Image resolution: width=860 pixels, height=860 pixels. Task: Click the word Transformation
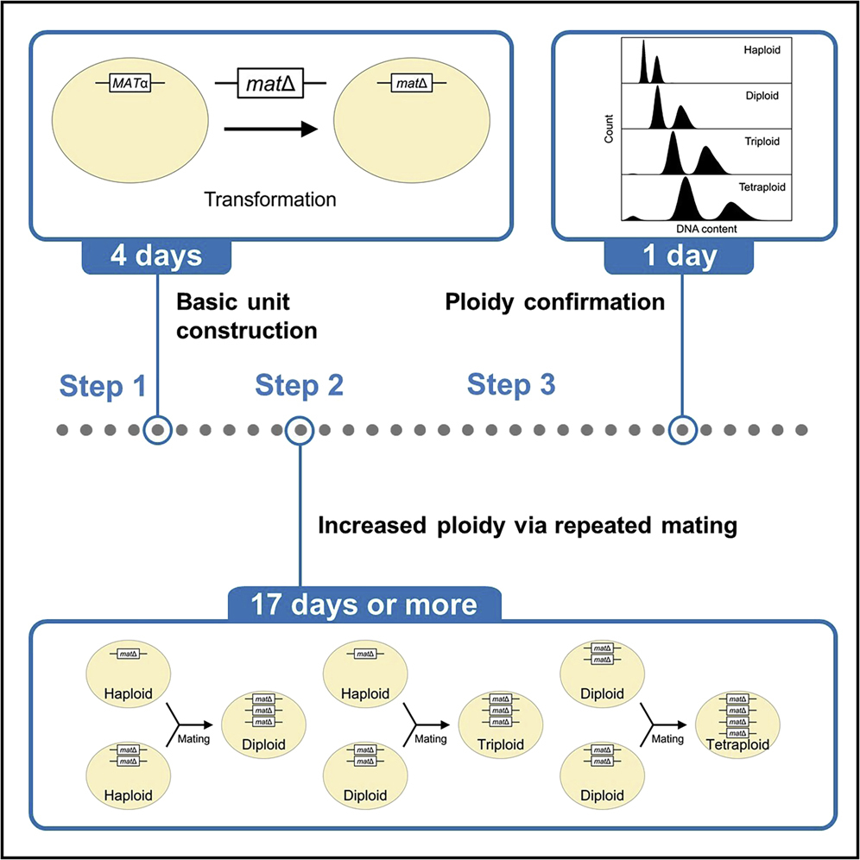[x=269, y=199]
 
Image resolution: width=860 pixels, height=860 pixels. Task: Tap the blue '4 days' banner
[x=156, y=257]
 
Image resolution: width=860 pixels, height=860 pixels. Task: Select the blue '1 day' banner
[x=680, y=257]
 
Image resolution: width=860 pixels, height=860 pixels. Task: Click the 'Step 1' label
[x=103, y=386]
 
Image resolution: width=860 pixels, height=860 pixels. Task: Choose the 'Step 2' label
[x=299, y=386]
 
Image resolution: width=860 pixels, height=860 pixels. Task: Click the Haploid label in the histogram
[x=762, y=51]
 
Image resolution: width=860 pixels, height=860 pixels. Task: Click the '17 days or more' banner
[x=364, y=603]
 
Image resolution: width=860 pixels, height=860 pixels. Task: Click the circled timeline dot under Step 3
[x=683, y=429]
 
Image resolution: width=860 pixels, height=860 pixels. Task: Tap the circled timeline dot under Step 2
[x=299, y=429]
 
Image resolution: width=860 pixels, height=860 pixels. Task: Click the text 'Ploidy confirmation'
[x=554, y=303]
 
